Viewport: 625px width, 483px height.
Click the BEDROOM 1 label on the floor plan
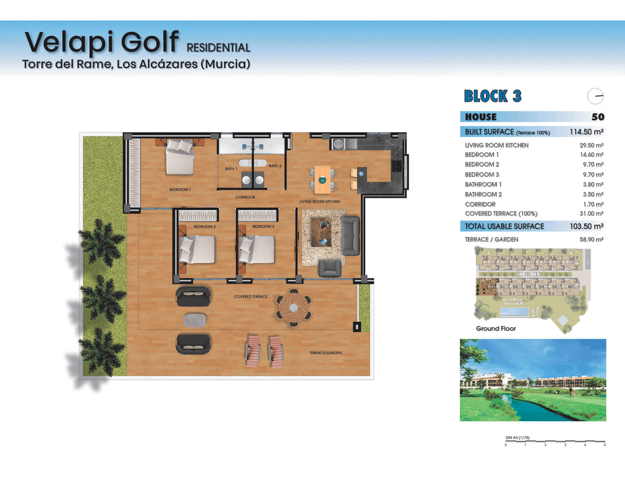click(x=180, y=190)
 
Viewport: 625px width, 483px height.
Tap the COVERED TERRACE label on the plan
click(x=251, y=296)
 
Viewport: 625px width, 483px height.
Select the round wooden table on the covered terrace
click(x=293, y=308)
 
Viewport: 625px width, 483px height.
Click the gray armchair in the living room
click(x=330, y=268)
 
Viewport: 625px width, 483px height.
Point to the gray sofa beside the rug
click(x=351, y=236)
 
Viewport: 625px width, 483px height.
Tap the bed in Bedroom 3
click(x=257, y=249)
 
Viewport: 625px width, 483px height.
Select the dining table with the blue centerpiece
click(x=322, y=180)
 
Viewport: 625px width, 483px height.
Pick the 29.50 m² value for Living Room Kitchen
click(x=591, y=145)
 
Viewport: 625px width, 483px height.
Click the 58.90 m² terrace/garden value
click(x=591, y=240)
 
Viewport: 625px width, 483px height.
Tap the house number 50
click(x=598, y=117)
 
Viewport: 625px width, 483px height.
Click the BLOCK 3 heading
click(x=493, y=96)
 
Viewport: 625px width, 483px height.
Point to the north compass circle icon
click(x=595, y=96)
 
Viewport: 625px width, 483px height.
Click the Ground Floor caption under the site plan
click(x=496, y=328)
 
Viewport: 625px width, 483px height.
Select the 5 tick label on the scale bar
click(x=605, y=445)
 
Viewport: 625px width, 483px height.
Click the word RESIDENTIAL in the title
click(x=218, y=48)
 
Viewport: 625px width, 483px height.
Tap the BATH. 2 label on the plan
click(x=275, y=166)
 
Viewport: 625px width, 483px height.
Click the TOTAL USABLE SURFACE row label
click(x=504, y=226)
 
